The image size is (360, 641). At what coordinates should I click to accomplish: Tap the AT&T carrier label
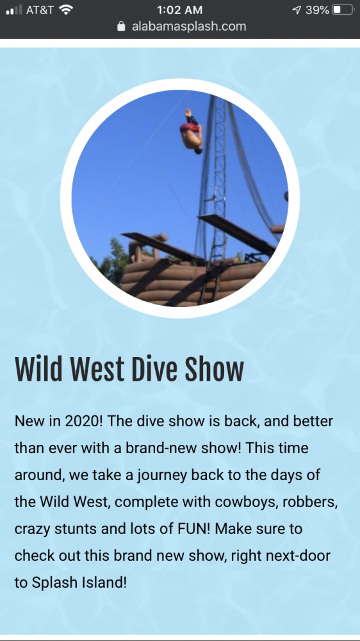click(40, 10)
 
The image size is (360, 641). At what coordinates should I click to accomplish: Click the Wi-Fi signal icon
click(65, 10)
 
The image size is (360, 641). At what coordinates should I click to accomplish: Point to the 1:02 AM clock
click(179, 10)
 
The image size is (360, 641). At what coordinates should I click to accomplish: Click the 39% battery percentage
click(317, 10)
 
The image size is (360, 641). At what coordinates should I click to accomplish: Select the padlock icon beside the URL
click(121, 26)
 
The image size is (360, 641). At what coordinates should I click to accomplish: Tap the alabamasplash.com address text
click(189, 26)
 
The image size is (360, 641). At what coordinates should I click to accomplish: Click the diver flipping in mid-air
click(192, 130)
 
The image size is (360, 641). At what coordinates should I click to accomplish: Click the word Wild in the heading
click(38, 369)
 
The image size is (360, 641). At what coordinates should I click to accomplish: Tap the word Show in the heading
click(214, 369)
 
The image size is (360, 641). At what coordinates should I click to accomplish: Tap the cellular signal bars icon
click(14, 10)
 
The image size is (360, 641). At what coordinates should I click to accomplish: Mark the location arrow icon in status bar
click(297, 10)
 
